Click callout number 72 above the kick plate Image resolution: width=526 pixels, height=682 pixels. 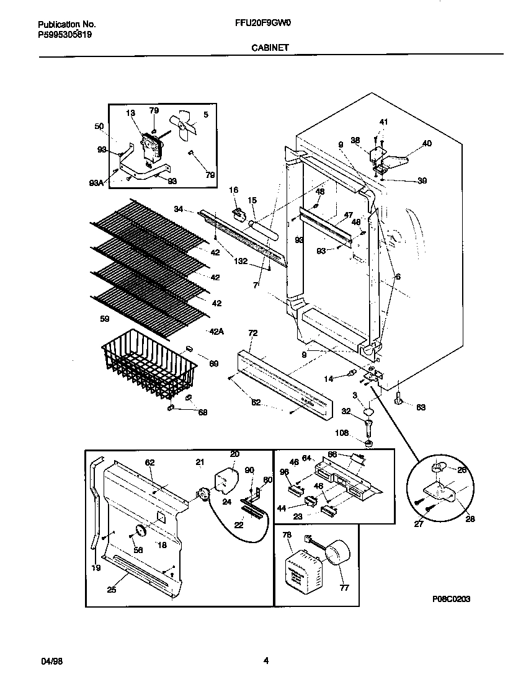pyautogui.click(x=252, y=334)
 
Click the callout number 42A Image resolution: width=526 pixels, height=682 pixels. pyautogui.click(x=216, y=332)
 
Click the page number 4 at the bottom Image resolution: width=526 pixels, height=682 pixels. pyautogui.click(x=265, y=661)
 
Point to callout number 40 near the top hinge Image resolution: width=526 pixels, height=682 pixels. pyautogui.click(x=427, y=144)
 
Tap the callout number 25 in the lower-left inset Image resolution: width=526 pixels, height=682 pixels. pyautogui.click(x=111, y=590)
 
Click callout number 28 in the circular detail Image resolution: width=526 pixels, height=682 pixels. pyautogui.click(x=470, y=519)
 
